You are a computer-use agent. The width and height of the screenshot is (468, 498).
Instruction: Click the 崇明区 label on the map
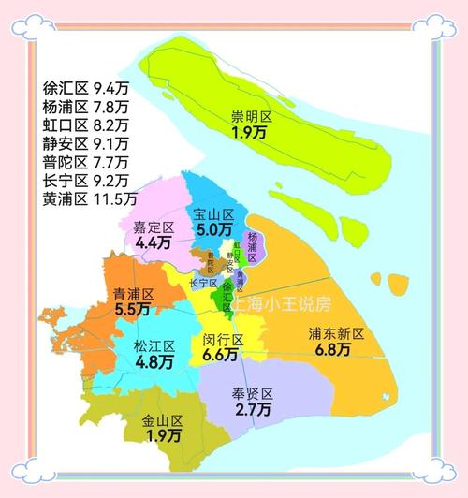click(252, 117)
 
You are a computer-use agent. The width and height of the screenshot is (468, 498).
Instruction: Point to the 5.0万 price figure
click(212, 229)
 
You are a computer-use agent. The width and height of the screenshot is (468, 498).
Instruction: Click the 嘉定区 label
click(154, 227)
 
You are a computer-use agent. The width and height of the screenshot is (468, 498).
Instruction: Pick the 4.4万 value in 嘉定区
click(154, 242)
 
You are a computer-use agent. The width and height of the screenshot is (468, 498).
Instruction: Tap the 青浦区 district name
click(133, 294)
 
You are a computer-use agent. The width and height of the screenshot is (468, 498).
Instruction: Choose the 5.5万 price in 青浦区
click(133, 309)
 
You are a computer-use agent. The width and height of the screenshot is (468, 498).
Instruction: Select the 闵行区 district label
click(223, 340)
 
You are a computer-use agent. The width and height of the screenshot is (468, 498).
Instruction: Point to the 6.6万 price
click(223, 355)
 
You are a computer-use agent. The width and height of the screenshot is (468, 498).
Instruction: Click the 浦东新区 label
click(334, 334)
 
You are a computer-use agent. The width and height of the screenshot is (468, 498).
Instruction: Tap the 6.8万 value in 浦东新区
click(334, 350)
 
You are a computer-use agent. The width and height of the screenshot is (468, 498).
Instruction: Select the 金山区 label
click(162, 421)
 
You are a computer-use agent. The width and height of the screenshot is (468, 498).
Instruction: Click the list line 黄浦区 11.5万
click(89, 198)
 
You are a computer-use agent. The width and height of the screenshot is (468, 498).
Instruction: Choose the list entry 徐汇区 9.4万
click(85, 89)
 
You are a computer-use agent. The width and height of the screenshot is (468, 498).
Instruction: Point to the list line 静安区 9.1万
click(85, 143)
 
